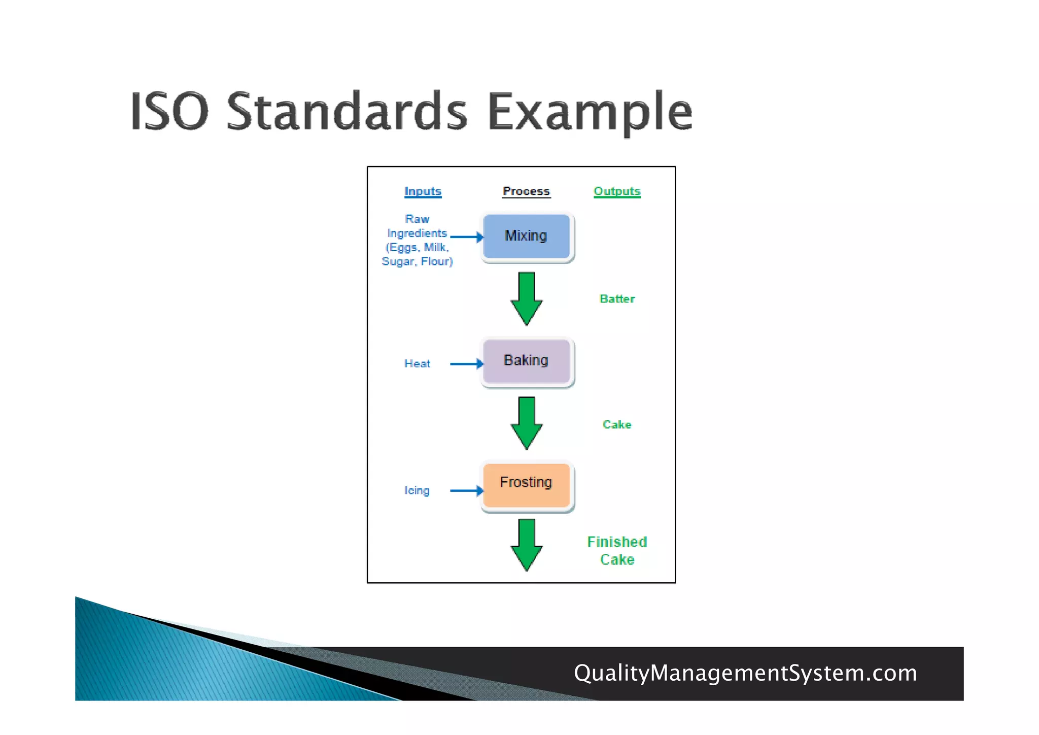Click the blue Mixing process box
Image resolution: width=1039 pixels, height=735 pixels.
pos(527,237)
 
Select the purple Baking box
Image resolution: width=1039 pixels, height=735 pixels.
pos(527,361)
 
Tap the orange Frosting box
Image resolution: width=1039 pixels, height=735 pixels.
pos(527,485)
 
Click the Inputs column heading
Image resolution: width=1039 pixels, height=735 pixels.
pos(423,191)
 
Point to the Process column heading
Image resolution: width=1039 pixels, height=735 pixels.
pos(526,191)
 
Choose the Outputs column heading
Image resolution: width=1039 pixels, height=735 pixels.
pos(617,191)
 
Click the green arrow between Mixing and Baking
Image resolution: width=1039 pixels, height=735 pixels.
pos(527,298)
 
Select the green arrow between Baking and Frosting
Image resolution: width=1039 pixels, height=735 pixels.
pos(527,423)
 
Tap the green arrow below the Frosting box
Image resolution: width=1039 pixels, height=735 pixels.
pos(527,545)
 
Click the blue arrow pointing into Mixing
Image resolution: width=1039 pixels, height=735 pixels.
pos(466,237)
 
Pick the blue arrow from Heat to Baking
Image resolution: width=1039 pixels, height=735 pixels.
pos(466,363)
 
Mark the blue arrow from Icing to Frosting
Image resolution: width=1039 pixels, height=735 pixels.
pos(466,490)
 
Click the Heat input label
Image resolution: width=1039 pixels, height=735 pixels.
pos(417,363)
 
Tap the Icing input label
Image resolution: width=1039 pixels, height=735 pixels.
pos(417,490)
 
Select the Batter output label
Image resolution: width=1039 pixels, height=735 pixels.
pos(617,298)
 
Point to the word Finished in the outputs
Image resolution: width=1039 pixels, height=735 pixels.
pos(617,542)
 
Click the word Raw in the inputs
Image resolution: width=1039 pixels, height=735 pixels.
pos(417,219)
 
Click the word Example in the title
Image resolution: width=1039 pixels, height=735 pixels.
pos(590,112)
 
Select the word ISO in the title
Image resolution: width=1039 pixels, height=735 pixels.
pos(169,112)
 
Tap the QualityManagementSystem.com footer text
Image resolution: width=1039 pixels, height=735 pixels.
pos(745,673)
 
